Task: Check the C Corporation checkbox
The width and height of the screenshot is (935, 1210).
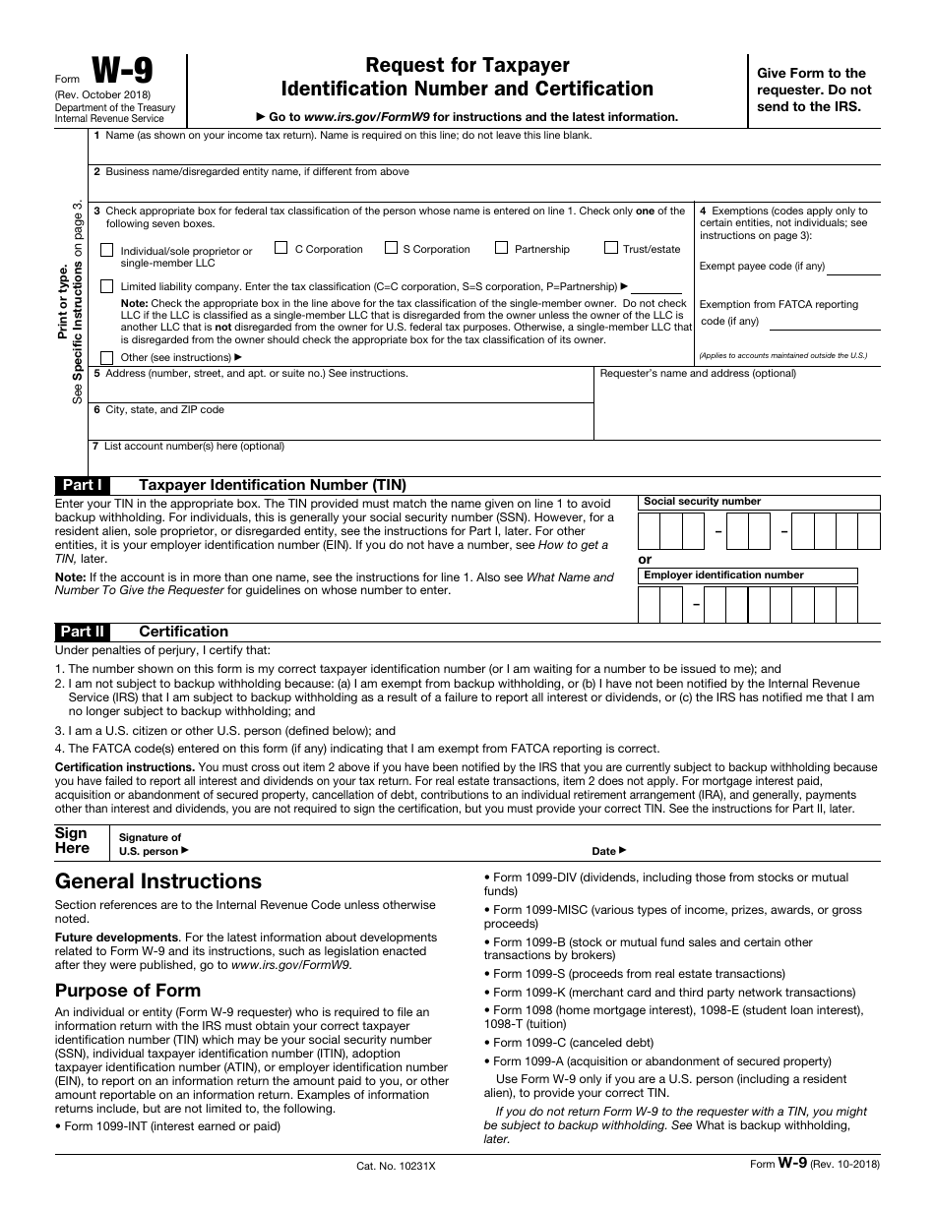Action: (281, 248)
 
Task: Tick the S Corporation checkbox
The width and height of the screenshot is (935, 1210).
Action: (391, 248)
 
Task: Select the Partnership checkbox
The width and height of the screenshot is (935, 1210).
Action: (502, 248)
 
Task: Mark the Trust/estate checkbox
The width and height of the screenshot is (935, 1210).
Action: (611, 248)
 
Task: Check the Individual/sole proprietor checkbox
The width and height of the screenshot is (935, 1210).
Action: (107, 250)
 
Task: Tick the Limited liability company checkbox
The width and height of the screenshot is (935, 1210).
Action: (107, 286)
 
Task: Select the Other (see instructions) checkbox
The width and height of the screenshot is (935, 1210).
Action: (107, 357)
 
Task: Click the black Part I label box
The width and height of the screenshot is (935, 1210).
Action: (83, 485)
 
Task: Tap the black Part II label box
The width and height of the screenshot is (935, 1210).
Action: (83, 632)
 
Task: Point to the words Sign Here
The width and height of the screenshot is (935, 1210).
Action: (72, 841)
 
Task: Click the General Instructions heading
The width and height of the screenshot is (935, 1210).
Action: (158, 881)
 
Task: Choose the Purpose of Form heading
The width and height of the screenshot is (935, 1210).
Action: (132, 990)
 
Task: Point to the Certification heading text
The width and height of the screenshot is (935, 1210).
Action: (184, 632)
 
